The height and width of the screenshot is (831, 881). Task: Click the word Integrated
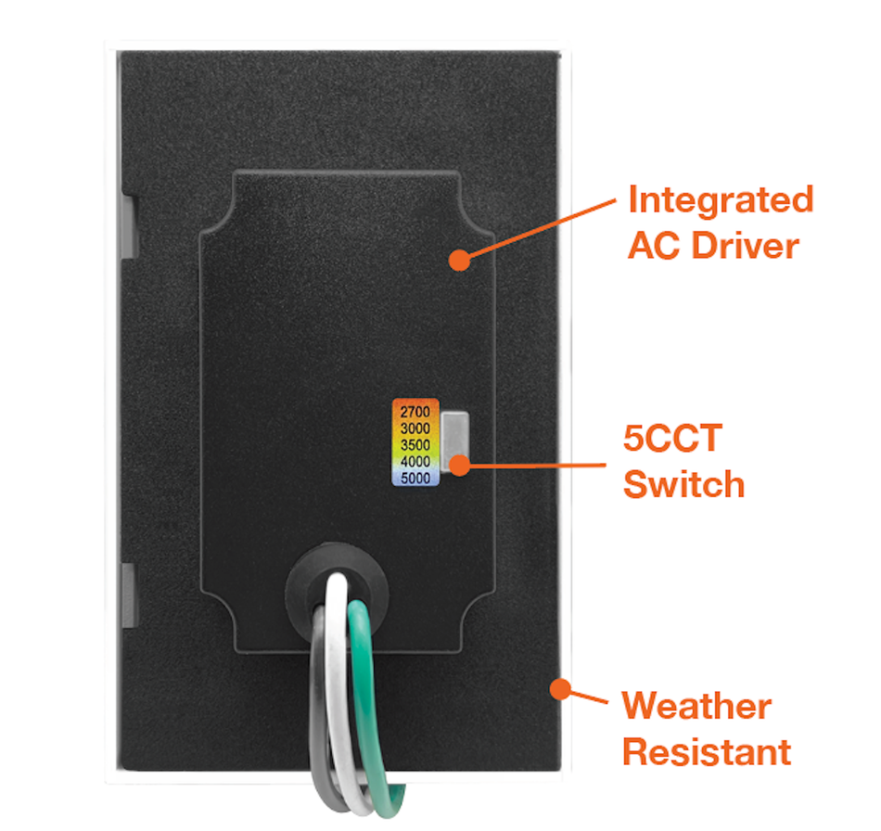(721, 199)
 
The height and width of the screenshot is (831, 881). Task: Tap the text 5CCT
(671, 438)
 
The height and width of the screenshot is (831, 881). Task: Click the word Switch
(683, 484)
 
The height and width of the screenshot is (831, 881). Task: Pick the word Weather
(696, 707)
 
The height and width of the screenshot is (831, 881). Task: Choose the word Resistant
(707, 751)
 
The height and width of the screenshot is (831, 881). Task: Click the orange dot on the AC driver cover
(458, 261)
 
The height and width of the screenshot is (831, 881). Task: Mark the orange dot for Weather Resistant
(559, 688)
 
